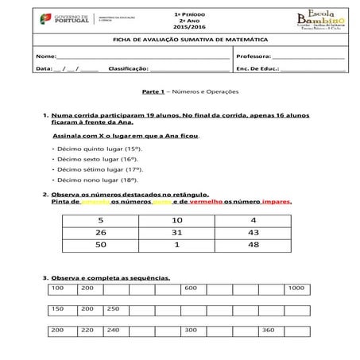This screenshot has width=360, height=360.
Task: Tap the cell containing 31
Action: pos(176,232)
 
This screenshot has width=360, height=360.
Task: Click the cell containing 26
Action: pos(100,232)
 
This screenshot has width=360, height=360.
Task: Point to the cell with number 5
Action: pos(100,219)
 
